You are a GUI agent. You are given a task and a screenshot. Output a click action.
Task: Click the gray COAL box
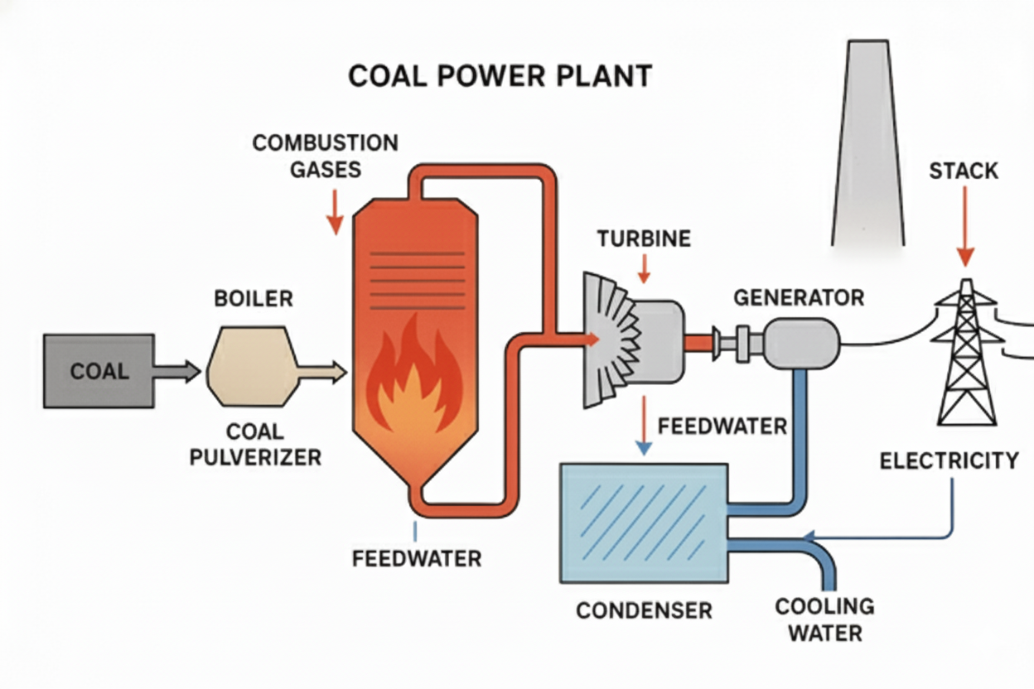(x=98, y=370)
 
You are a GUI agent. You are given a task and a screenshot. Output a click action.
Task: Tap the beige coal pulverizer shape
(x=252, y=365)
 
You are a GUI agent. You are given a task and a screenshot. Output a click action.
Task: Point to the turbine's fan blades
(x=609, y=340)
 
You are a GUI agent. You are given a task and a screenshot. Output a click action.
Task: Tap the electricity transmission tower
(x=966, y=356)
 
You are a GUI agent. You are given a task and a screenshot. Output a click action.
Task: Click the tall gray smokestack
(x=867, y=149)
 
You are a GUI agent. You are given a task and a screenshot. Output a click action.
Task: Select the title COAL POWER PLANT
(x=500, y=76)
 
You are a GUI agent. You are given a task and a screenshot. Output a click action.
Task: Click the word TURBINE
(x=643, y=239)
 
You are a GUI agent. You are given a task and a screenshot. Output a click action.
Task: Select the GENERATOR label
(x=799, y=296)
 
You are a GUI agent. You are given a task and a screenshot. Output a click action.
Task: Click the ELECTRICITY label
(x=949, y=460)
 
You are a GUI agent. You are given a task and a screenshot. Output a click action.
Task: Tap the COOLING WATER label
(x=824, y=619)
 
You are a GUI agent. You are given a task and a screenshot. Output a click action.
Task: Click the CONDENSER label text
(x=644, y=611)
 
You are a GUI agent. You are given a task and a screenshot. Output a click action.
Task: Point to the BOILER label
(x=254, y=298)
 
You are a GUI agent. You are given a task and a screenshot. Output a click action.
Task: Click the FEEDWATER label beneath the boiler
(x=417, y=559)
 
